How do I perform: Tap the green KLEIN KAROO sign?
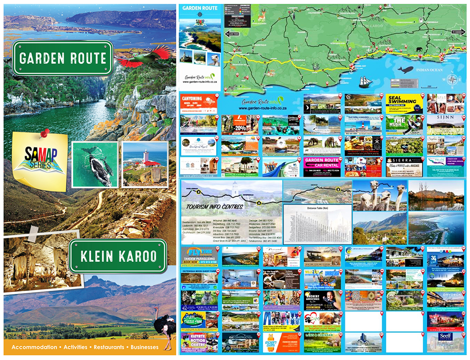click(x=118, y=256)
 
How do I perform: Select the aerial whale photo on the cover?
click(x=95, y=164)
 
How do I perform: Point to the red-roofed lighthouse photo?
click(x=145, y=164)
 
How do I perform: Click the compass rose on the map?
click(x=452, y=79)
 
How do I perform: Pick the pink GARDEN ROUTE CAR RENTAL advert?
click(x=322, y=167)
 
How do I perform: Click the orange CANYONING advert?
click(x=199, y=103)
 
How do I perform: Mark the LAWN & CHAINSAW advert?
click(x=322, y=342)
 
